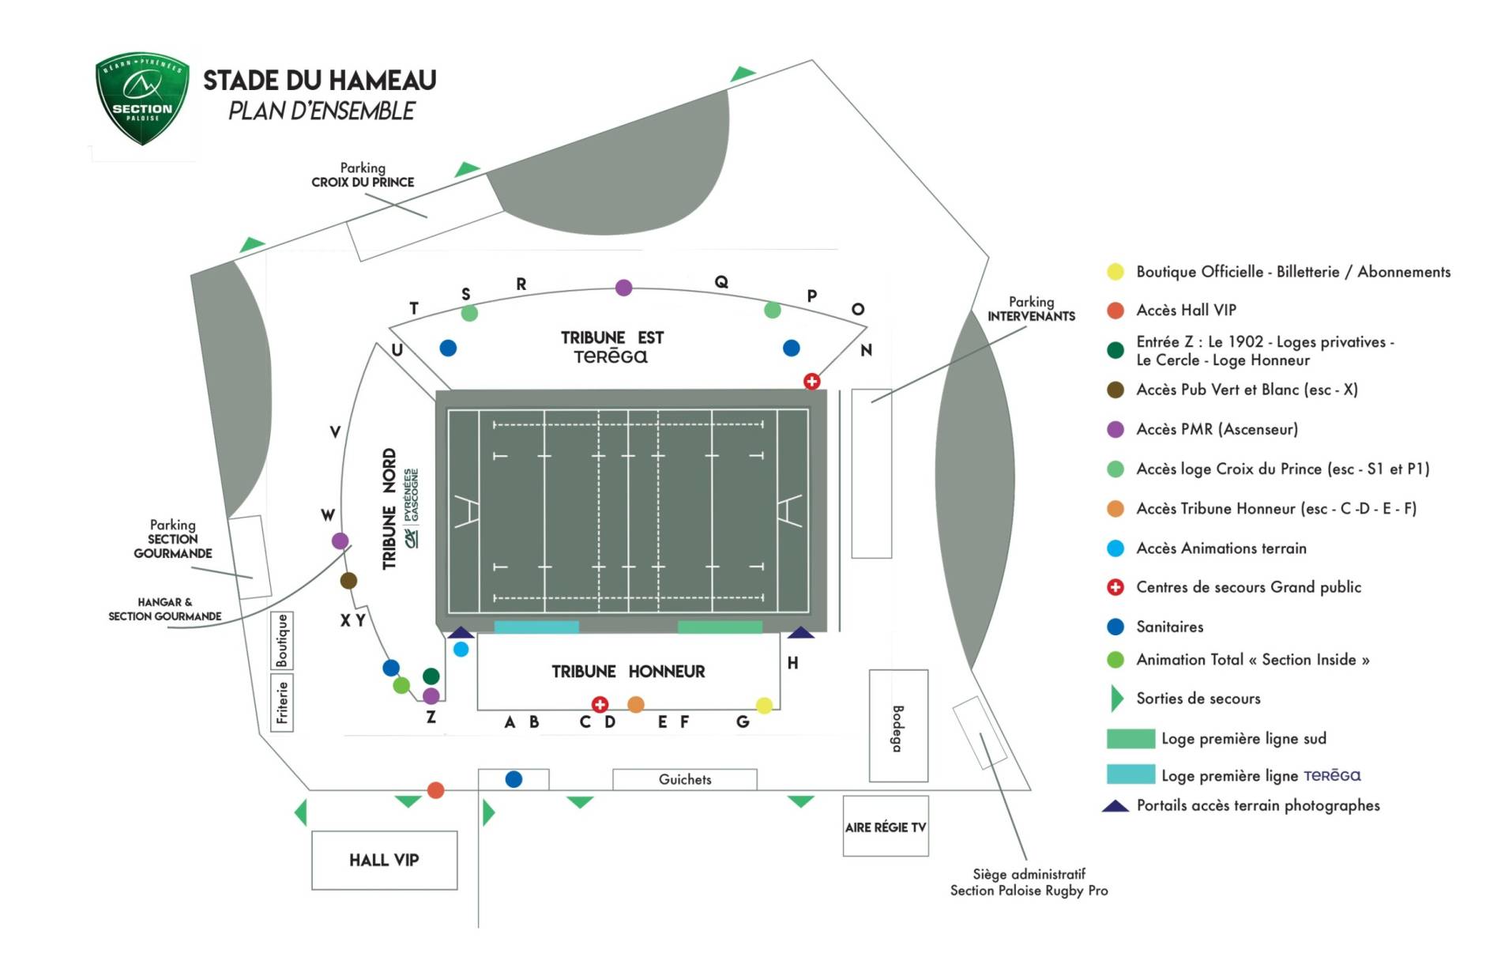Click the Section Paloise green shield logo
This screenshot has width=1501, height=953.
142,99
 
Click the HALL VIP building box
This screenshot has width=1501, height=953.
384,860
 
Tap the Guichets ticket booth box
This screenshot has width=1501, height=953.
684,779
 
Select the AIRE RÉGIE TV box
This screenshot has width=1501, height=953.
885,827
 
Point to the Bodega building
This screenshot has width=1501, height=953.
898,726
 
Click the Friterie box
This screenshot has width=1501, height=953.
282,703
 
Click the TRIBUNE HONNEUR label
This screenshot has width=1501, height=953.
628,672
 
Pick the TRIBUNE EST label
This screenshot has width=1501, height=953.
612,338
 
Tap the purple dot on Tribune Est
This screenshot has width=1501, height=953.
623,288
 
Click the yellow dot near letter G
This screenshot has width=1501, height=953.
764,706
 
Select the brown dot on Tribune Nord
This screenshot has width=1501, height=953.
348,581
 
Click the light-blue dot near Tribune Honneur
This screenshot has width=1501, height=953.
461,650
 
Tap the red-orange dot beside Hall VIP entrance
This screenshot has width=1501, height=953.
435,790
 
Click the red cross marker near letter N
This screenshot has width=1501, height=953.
811,381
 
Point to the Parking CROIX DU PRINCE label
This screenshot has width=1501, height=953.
363,175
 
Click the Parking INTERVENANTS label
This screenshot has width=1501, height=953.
1031,308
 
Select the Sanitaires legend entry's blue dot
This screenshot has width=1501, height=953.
1115,627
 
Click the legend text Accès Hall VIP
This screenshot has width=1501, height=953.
1186,311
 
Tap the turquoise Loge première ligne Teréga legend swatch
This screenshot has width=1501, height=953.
1130,774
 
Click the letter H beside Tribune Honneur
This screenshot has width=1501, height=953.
792,663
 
